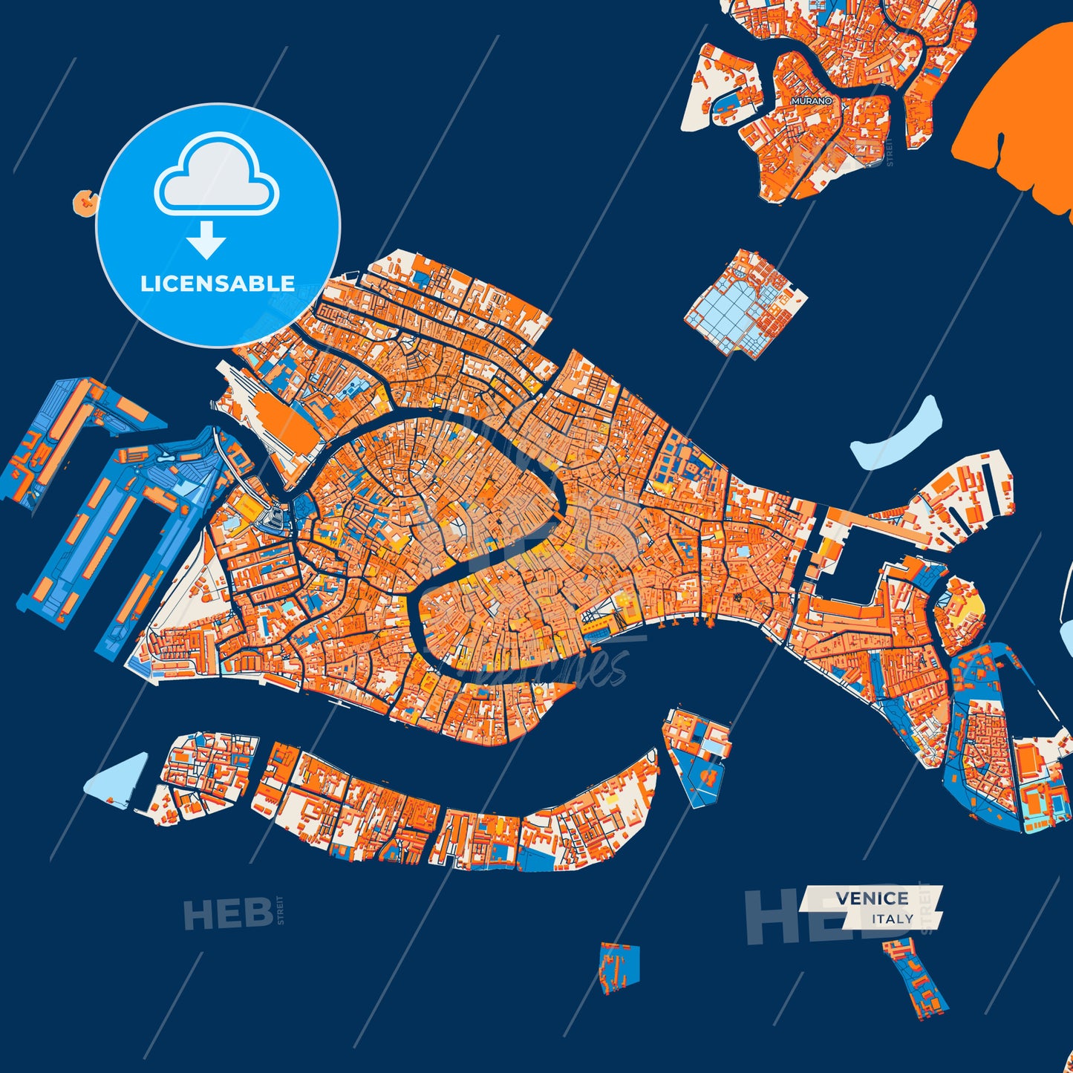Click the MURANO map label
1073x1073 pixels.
811,100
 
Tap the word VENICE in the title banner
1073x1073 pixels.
872,898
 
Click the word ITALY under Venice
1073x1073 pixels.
893,919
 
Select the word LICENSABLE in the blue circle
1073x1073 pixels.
218,284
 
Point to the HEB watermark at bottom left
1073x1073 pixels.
227,914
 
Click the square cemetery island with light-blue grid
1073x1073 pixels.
745,303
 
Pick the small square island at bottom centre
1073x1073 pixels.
619,968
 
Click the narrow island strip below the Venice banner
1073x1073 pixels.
916,979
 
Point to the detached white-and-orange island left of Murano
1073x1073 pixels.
720,89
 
